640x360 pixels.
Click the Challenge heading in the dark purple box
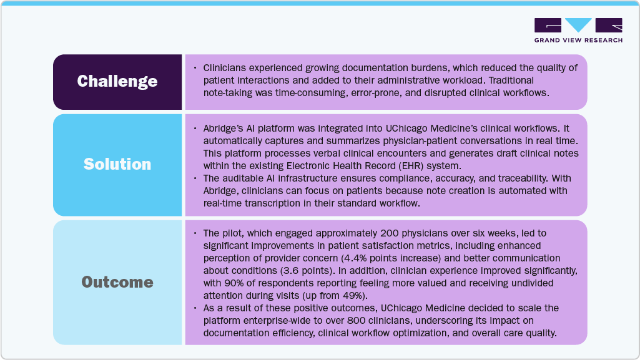point(117,82)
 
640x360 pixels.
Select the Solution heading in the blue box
point(117,164)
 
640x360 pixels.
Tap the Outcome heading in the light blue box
point(117,282)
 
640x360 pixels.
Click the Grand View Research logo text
point(578,41)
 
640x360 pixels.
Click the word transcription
point(283,203)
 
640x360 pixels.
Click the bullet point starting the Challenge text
point(195,67)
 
